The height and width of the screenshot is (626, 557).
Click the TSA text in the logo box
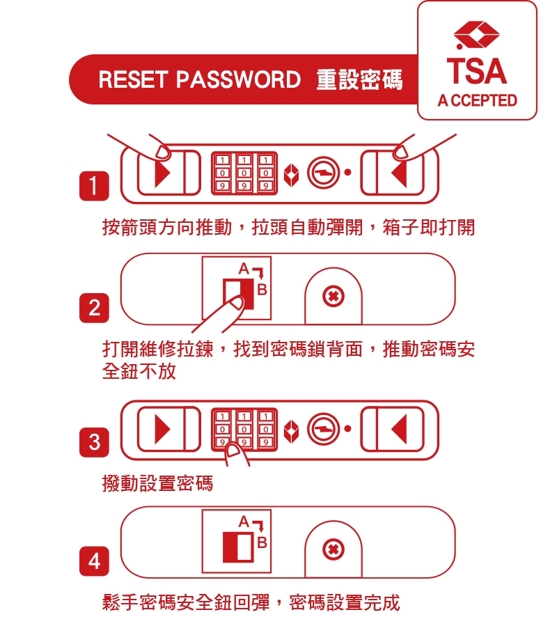pos(476,70)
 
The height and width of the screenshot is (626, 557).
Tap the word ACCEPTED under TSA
pos(477,100)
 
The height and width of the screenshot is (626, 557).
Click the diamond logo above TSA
pos(476,35)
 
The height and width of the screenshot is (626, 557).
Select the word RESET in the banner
pos(132,79)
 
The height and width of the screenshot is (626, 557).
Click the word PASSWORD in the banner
pos(238,79)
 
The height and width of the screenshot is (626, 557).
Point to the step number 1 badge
pos(94,186)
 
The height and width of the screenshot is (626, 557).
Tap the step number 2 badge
pos(94,308)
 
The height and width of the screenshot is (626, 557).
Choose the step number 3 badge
pos(94,442)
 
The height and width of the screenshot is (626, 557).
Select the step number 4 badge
pos(94,561)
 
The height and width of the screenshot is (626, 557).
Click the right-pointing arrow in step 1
pos(162,173)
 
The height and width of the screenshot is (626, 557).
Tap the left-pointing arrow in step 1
pos(398,173)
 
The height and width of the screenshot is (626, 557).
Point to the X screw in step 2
pos(334,297)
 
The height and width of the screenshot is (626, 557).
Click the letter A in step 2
pos(244,269)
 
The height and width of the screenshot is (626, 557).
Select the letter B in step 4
pos(262,542)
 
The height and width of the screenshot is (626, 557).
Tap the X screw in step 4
pos(334,549)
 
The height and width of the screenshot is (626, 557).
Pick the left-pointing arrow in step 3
pos(398,429)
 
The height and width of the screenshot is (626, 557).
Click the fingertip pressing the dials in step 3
pos(233,452)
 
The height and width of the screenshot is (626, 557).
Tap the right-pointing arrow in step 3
pos(162,429)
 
